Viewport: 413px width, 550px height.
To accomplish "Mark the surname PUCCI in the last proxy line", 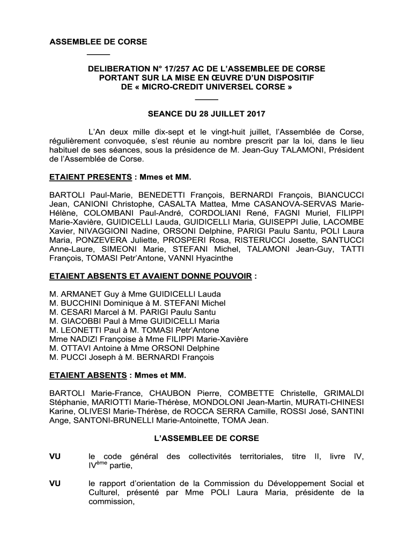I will tap(72, 357).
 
